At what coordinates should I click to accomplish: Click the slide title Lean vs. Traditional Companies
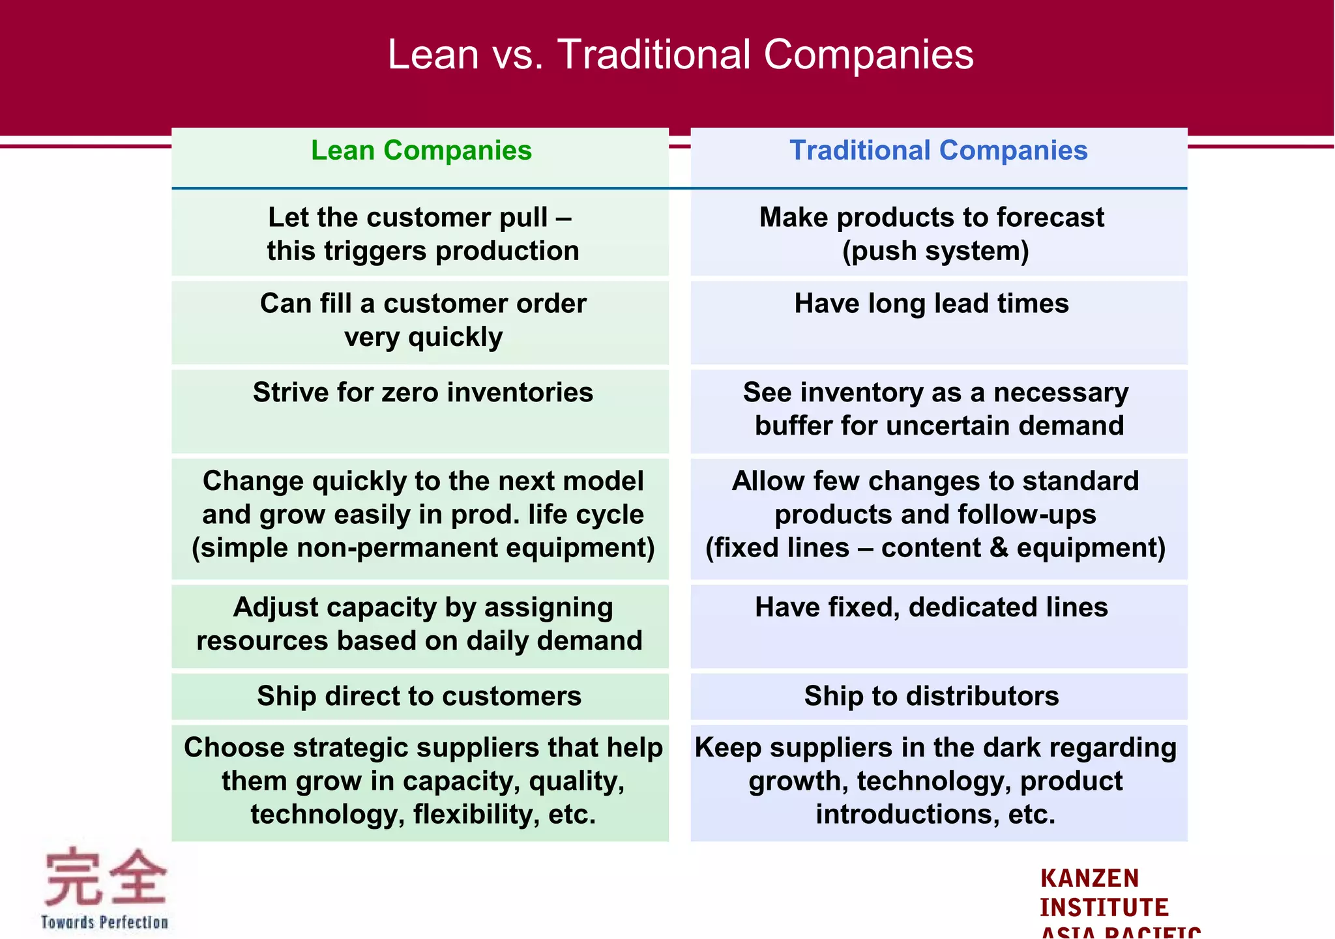pyautogui.click(x=680, y=54)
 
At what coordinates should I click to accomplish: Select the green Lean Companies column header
pyautogui.click(x=421, y=151)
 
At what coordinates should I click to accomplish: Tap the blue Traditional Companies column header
pyautogui.click(x=938, y=151)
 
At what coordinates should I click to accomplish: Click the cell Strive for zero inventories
pyautogui.click(x=422, y=392)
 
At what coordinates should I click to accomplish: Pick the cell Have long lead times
pyautogui.click(x=931, y=304)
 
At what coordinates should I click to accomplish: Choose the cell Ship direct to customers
pyautogui.click(x=418, y=696)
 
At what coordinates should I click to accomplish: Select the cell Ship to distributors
pyautogui.click(x=931, y=696)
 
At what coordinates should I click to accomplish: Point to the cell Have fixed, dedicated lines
pyautogui.click(x=931, y=607)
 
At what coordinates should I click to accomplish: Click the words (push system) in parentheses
pyautogui.click(x=935, y=251)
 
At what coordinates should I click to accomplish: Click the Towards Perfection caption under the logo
pyautogui.click(x=104, y=922)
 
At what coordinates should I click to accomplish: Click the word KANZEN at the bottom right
pyautogui.click(x=1089, y=878)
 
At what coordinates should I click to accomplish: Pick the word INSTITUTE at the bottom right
pyautogui.click(x=1104, y=908)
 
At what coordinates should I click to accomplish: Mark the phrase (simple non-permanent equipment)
pyautogui.click(x=422, y=548)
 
